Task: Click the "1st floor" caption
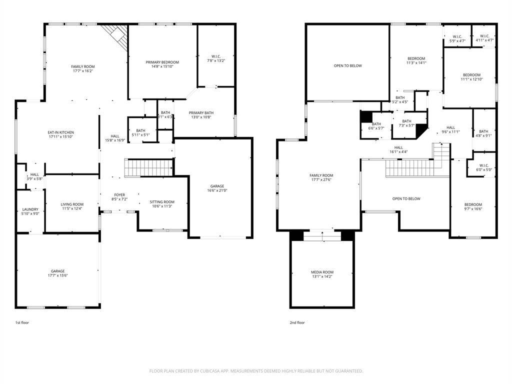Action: click(22, 322)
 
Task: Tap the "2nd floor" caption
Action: click(297, 322)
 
